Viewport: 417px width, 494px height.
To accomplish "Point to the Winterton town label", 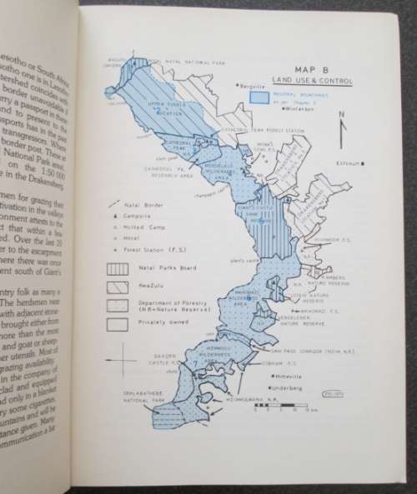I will (x=300, y=109).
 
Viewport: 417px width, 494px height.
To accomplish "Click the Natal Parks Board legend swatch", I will (x=117, y=269).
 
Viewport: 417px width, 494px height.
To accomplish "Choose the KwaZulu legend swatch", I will (x=117, y=287).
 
